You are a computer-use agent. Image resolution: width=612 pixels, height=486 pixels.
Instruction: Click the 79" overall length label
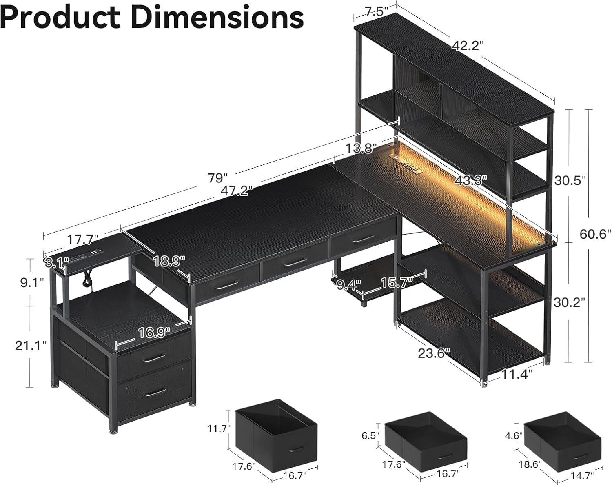coord(217,178)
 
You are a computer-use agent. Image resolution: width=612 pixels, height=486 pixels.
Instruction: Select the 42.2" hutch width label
coord(467,46)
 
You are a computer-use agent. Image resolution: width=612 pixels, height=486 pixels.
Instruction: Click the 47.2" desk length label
coord(237,191)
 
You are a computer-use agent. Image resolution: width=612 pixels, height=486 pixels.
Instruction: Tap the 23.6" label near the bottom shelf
coord(434,353)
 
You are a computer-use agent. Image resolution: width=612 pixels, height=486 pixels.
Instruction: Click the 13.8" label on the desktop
coord(359,149)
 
